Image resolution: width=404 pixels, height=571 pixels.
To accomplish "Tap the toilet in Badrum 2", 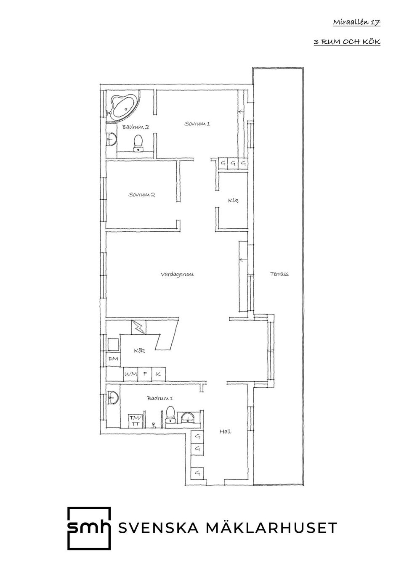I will pos(138,143).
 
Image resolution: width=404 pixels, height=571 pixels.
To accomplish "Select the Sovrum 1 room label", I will pos(197,124).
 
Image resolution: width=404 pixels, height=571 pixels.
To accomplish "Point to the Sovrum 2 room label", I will pos(141,195).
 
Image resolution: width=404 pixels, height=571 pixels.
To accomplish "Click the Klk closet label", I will pos(233,201).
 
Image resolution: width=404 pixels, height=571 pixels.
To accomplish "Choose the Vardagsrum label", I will pos(177,275).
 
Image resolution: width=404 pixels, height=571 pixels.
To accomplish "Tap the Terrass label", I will pos(279,274).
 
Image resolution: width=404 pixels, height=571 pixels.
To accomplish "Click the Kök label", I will pos(139,350).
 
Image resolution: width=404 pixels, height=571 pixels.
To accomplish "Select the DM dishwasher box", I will pos(113,359).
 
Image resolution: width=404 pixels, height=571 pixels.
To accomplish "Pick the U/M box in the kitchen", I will pos(130,374).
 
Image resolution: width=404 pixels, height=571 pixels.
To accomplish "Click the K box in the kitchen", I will pos(158,374).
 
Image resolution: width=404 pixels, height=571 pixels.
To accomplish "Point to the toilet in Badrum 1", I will pos(170,414).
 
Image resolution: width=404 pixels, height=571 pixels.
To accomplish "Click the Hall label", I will pos(225,431).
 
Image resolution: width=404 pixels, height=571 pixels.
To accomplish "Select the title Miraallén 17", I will pos(356,22).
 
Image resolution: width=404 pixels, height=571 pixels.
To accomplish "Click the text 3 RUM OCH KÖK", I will pos(347,42).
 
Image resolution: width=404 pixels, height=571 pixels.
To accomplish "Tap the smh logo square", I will pos(89,529).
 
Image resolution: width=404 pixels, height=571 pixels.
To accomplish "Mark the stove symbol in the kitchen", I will pos(138,327).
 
